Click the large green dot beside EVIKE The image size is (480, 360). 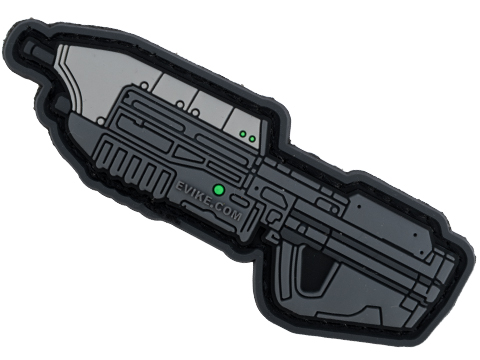point(219,190)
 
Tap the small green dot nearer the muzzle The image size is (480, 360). point(243,134)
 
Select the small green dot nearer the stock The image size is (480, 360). point(252,139)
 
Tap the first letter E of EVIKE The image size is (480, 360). point(178,185)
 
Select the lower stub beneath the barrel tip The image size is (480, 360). point(59,103)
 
